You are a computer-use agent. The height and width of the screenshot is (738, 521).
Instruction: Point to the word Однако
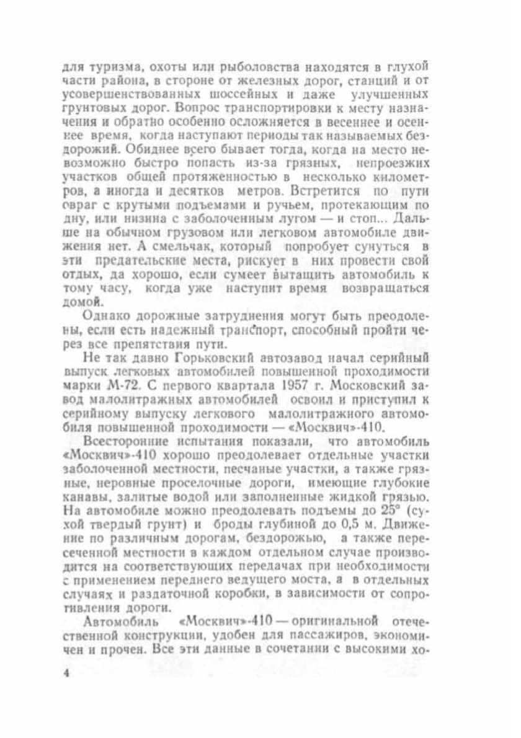pos(104,317)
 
